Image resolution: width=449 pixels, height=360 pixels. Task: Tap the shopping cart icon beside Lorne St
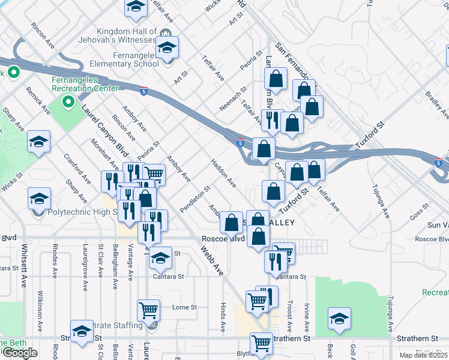coord(148,311)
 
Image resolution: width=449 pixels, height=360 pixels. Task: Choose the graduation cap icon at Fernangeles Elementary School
coord(167,47)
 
